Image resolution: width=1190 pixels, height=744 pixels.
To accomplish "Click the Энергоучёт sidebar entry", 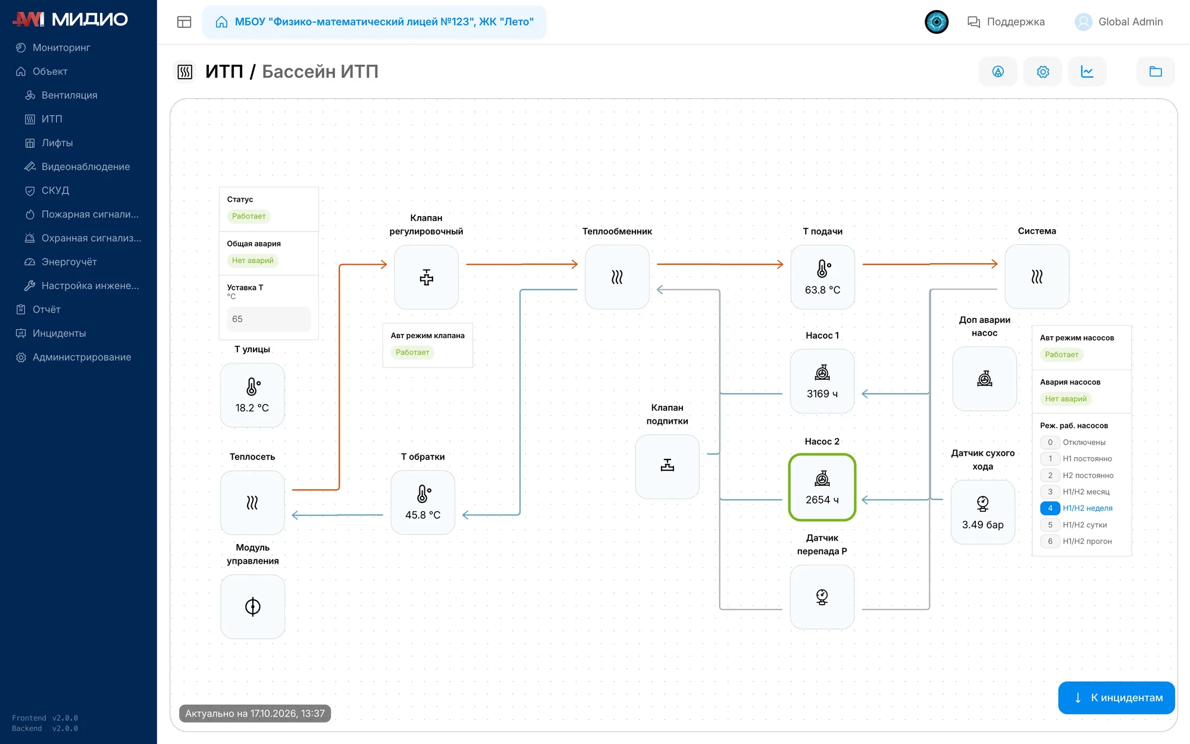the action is pyautogui.click(x=68, y=262).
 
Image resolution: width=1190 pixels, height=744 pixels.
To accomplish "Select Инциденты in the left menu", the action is pyautogui.click(x=59, y=333).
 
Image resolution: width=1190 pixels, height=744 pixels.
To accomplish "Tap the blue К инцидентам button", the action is pyautogui.click(x=1116, y=698).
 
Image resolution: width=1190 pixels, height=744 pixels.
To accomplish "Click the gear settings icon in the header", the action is pyautogui.click(x=1042, y=72).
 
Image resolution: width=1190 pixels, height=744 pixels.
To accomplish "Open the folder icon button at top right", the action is pyautogui.click(x=1155, y=72).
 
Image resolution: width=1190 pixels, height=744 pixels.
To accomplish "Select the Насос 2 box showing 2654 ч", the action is pyautogui.click(x=822, y=487).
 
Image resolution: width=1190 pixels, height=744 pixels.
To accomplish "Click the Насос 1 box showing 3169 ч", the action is pyautogui.click(x=822, y=382).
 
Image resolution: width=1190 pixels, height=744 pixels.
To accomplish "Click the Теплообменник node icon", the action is pyautogui.click(x=617, y=277).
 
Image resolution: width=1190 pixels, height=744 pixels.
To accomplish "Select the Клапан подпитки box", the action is pyautogui.click(x=668, y=467).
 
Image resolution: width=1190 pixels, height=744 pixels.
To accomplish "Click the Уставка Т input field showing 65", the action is pyautogui.click(x=269, y=319).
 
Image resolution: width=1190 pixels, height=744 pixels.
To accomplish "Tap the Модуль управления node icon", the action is pyautogui.click(x=253, y=607).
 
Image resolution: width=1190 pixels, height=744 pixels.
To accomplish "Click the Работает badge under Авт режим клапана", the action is pyautogui.click(x=412, y=352).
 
